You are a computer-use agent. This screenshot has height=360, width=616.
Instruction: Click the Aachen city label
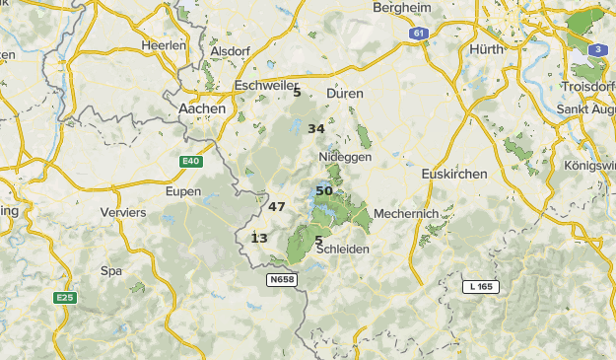[202, 108]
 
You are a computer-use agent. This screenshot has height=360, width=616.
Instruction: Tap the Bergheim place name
[403, 8]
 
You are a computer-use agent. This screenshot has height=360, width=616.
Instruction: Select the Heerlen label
[164, 45]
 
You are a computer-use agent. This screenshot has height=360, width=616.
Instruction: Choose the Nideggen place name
[345, 157]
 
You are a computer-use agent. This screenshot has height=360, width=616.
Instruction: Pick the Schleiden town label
[343, 250]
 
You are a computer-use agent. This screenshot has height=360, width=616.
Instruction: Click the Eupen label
[183, 191]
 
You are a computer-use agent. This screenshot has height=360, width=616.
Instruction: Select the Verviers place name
[123, 212]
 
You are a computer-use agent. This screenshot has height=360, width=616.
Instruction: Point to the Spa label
[111, 270]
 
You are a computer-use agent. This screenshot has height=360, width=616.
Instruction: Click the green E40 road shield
[191, 161]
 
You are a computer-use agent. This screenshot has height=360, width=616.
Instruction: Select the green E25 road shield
[66, 298]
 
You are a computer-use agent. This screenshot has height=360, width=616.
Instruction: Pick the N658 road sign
[282, 280]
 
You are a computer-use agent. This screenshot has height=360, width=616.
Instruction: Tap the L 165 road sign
[482, 286]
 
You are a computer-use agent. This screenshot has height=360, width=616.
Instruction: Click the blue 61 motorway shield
[421, 34]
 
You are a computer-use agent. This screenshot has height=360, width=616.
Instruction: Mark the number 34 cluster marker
[316, 129]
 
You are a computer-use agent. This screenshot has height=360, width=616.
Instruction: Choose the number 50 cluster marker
[324, 191]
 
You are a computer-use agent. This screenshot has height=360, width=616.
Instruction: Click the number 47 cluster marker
[276, 207]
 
